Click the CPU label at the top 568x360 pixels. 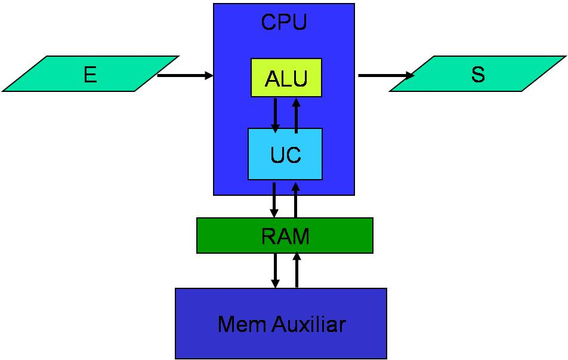(284, 21)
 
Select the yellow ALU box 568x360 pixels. (286, 78)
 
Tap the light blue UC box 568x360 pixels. (285, 154)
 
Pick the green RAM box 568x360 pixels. (285, 236)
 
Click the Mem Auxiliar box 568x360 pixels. (281, 324)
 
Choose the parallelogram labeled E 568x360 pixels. (91, 74)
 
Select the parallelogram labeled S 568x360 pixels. (478, 74)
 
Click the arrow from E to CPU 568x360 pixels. (185, 75)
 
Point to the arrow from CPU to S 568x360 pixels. (386, 75)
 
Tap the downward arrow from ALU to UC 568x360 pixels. (275, 115)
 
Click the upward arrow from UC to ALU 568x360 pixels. (297, 115)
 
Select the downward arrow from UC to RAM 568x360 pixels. (274, 200)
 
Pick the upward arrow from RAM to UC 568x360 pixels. (295, 200)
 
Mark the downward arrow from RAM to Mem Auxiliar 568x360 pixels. (275, 270)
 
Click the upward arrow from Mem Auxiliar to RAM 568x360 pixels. (297, 270)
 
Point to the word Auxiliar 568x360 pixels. (309, 324)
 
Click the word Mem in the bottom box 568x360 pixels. (243, 324)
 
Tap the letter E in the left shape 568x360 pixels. (91, 75)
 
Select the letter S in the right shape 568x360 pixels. (478, 74)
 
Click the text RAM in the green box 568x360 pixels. (285, 236)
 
